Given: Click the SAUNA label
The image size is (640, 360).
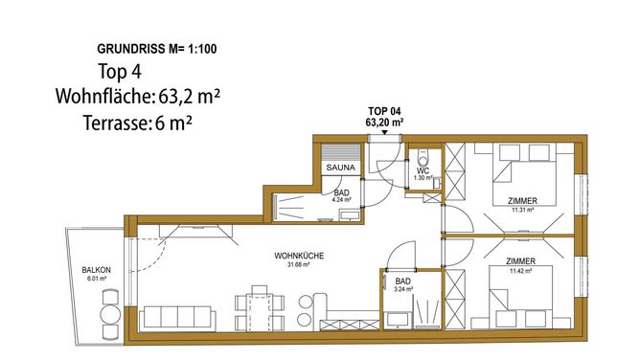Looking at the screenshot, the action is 341,168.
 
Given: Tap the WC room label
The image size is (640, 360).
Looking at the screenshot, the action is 423,171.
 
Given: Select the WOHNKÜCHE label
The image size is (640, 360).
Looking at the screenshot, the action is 299,256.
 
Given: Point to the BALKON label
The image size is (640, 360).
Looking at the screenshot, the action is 97,270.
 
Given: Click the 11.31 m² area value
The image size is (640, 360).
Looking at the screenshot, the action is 523,210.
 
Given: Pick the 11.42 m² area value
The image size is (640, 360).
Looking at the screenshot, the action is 520,270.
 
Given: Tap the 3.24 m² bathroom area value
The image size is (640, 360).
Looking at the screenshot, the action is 402,289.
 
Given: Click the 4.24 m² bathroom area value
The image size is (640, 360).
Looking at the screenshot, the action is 342,200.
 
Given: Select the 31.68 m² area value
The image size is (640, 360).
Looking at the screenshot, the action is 299,264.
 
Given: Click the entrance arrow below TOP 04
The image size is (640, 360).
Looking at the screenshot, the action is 384,132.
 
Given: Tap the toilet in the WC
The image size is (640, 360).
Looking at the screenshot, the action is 424,159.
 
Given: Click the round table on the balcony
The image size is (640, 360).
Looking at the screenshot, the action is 110,314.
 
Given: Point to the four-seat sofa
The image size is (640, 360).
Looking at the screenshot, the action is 177,318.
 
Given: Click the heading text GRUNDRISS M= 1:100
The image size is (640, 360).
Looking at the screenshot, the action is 157,49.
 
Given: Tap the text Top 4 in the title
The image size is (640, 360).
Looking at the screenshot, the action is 120,72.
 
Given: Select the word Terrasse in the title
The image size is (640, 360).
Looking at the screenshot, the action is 115,123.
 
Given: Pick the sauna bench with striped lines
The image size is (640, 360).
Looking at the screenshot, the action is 341,153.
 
